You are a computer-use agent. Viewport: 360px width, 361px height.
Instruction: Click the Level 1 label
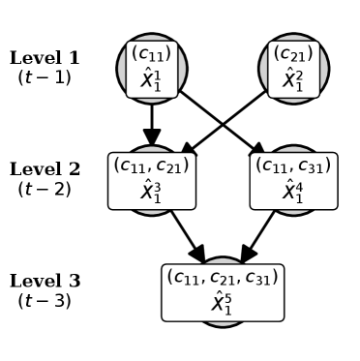click(45, 58)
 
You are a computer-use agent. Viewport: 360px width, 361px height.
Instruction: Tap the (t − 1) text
click(45, 76)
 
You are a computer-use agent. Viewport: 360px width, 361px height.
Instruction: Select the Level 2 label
click(45, 170)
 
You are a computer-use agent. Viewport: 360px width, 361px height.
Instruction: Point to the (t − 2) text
click(45, 189)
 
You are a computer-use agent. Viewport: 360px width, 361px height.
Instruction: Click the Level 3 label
click(45, 282)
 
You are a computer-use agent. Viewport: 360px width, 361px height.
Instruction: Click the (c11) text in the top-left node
click(152, 54)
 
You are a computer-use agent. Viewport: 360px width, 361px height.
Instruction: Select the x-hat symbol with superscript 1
click(152, 79)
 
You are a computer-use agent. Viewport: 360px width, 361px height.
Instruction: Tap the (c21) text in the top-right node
click(293, 54)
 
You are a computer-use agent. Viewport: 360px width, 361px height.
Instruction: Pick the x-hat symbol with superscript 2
click(293, 79)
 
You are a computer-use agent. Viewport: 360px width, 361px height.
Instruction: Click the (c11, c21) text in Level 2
click(152, 165)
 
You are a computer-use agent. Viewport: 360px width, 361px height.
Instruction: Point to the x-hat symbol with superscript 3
click(152, 192)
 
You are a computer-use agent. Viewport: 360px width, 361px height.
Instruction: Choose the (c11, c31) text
click(293, 165)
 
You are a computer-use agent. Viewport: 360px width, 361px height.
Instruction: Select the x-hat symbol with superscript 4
click(293, 192)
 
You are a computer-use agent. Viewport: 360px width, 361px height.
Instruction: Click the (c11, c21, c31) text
click(223, 278)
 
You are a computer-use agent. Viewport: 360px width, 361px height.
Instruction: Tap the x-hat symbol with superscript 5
click(223, 304)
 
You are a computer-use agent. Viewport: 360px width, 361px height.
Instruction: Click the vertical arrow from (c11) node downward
click(152, 121)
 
